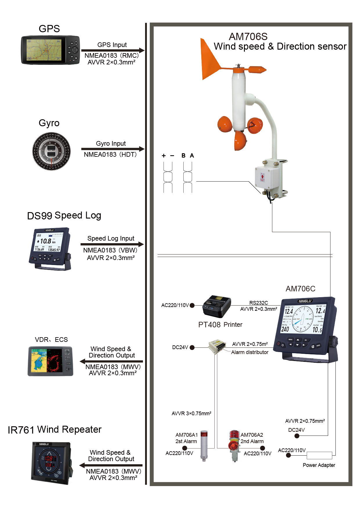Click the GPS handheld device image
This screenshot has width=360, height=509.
pos(50,50)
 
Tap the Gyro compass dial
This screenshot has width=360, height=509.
pos(51,151)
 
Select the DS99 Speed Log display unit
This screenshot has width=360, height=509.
pos(50,249)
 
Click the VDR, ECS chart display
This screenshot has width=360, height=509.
pos(50,361)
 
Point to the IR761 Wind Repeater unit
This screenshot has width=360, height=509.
pos(51,463)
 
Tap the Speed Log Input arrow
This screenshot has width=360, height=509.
pos(112,244)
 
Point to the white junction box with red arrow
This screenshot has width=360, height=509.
pos(266,177)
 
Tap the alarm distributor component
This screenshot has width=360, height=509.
pos(217,346)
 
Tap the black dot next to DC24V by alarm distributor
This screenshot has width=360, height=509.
pos(192,347)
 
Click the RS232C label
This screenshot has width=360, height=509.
pos(258,303)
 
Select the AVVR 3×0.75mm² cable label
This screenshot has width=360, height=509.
pos(191,414)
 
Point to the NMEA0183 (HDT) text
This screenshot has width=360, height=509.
pos(110,155)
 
